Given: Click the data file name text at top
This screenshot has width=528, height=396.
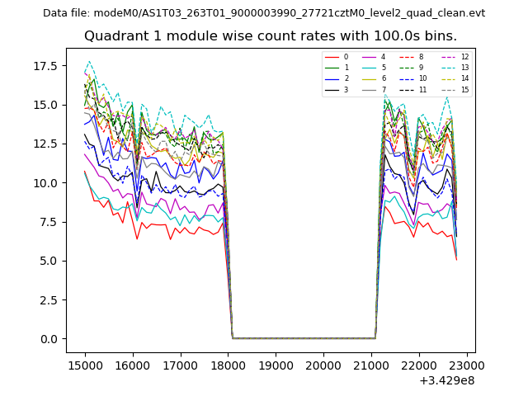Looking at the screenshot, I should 264,13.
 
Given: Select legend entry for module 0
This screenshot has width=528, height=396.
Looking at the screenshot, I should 346,57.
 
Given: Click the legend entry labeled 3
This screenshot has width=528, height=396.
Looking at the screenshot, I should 346,89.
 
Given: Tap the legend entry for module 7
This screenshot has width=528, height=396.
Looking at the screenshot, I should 383,89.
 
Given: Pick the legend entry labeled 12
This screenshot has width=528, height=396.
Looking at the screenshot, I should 464,57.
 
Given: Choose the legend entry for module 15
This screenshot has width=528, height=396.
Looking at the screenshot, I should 464,89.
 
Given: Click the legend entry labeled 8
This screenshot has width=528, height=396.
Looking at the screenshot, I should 420,57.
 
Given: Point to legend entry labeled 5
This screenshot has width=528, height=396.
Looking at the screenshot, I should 383,68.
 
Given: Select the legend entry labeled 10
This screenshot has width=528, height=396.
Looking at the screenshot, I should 422,78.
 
